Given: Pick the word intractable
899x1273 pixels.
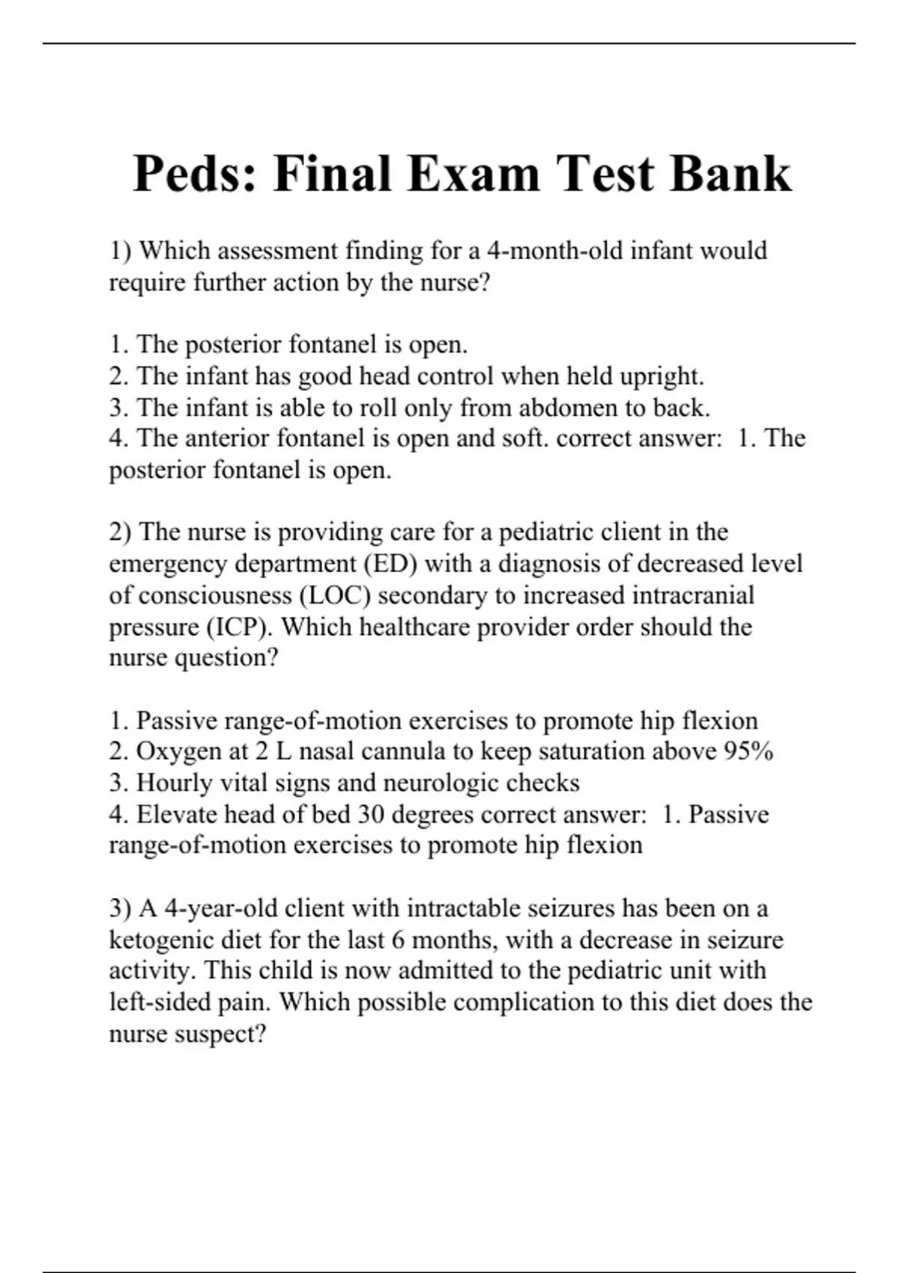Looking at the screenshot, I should pyautogui.click(x=453, y=908).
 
